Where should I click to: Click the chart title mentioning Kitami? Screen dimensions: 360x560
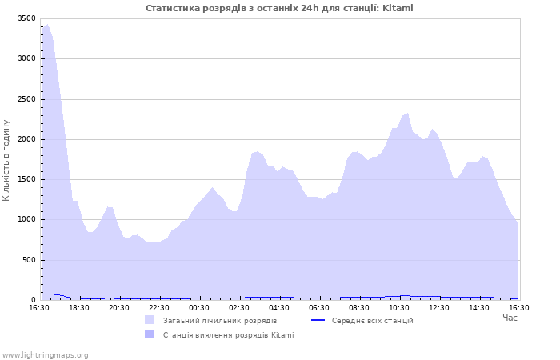[279, 8]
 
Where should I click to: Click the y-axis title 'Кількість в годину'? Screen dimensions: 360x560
[6, 160]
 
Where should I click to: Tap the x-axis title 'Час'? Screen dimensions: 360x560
[510, 318]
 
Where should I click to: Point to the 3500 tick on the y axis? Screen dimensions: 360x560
[26, 18]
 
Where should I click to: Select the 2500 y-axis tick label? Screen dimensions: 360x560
[26, 99]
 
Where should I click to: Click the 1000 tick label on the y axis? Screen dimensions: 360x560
[26, 220]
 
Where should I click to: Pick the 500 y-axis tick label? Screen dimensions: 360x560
[29, 260]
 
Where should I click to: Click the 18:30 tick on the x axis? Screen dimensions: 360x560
[79, 307]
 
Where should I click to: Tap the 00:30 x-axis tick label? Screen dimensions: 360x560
[199, 307]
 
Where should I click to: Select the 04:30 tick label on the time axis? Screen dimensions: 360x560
[279, 307]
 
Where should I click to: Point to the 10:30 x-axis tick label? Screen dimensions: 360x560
[399, 307]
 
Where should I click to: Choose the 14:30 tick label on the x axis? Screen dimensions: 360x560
[479, 307]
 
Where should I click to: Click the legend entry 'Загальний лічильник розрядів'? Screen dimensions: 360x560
[220, 321]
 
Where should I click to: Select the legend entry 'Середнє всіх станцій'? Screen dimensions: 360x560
[372, 321]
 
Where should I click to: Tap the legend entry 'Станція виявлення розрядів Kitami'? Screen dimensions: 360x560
[228, 335]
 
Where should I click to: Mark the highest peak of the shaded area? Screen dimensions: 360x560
[47, 25]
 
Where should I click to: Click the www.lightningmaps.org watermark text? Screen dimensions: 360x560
[46, 355]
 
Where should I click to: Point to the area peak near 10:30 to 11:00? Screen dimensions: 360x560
[407, 114]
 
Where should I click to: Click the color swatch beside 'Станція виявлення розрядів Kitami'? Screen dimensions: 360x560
[149, 335]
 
